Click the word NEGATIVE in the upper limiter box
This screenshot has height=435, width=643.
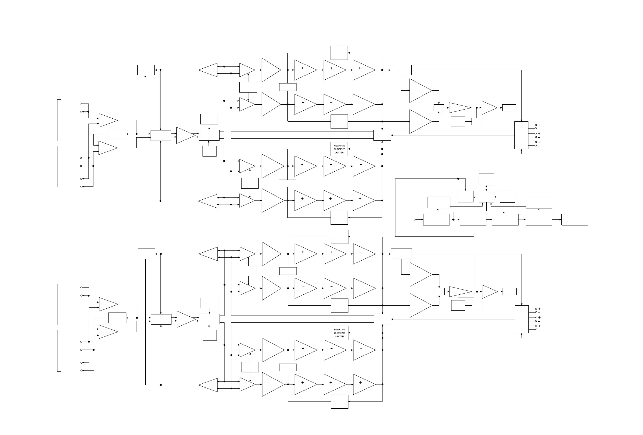[339, 146]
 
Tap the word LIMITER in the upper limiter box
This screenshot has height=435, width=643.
[339, 153]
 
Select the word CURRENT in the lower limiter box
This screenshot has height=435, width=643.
[339, 333]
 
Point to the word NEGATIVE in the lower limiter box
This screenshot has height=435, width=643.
[339, 330]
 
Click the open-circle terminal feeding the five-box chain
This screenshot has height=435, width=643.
[415, 220]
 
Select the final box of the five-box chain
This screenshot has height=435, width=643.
[574, 220]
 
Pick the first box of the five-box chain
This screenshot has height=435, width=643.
[436, 220]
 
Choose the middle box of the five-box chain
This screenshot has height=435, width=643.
[505, 220]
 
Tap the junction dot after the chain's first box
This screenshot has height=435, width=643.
[453, 220]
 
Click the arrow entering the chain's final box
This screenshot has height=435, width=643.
[560, 220]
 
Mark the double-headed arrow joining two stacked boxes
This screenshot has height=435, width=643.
[486, 188]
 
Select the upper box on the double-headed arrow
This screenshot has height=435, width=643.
[486, 179]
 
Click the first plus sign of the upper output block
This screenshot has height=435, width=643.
[539, 125]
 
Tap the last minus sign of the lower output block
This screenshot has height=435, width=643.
[539, 330]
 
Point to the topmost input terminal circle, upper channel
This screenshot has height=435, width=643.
[81, 104]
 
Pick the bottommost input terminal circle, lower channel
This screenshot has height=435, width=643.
[81, 370]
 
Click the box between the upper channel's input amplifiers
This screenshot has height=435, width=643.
[117, 134]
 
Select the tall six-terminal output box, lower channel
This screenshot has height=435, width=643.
[521, 319]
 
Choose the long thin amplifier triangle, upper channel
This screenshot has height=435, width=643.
[460, 108]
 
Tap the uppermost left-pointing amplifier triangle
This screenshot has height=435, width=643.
[208, 70]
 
